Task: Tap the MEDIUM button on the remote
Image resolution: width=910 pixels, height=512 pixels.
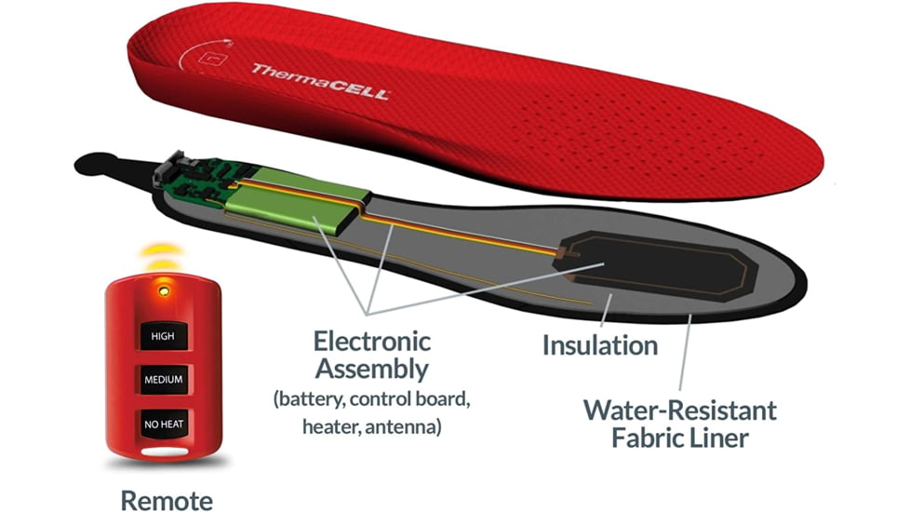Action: (x=165, y=380)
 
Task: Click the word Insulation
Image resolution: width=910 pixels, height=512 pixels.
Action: (x=600, y=345)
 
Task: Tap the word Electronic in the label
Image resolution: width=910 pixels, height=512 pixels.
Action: (x=372, y=340)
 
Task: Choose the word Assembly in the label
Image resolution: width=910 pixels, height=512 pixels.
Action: (x=372, y=369)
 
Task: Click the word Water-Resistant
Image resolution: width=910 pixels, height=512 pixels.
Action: (x=679, y=409)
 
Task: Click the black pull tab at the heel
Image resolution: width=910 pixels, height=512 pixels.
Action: (x=102, y=166)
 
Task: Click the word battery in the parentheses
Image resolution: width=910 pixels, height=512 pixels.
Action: (x=315, y=400)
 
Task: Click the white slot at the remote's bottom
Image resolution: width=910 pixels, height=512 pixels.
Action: (x=165, y=454)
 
